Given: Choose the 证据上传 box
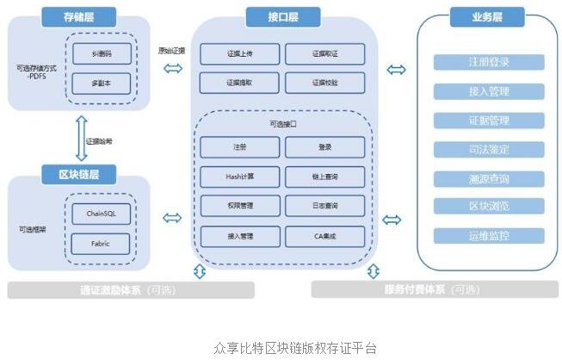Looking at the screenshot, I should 239,54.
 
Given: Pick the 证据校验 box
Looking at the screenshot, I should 325,84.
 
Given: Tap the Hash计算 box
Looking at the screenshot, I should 239,177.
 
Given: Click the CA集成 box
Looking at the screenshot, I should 325,234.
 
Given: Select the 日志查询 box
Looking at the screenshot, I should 325,206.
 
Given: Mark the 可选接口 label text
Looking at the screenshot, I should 282,124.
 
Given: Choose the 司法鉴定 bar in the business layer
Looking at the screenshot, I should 489,149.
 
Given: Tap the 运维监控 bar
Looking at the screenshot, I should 489,235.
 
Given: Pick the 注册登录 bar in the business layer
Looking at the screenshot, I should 489,62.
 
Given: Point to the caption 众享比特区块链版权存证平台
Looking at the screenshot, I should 282,348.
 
